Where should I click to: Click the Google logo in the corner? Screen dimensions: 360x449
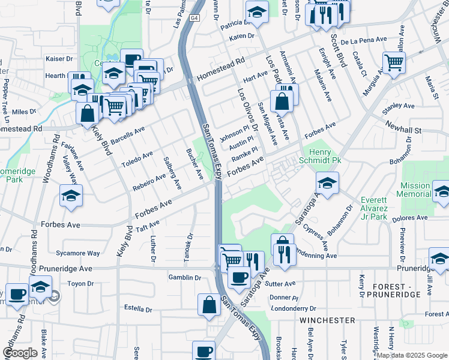click(20, 353)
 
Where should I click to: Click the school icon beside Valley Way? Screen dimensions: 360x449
click(71, 196)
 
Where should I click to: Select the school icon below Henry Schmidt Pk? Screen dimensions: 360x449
click(328, 183)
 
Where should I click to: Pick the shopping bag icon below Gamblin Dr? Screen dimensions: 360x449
click(209, 304)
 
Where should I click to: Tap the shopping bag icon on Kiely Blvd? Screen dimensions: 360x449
click(88, 112)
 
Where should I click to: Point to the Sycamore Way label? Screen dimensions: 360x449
click(77, 253)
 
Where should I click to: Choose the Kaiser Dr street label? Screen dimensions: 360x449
click(59, 59)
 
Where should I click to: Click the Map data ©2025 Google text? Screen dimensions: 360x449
click(412, 355)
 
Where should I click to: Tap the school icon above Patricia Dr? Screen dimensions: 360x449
click(257, 12)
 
